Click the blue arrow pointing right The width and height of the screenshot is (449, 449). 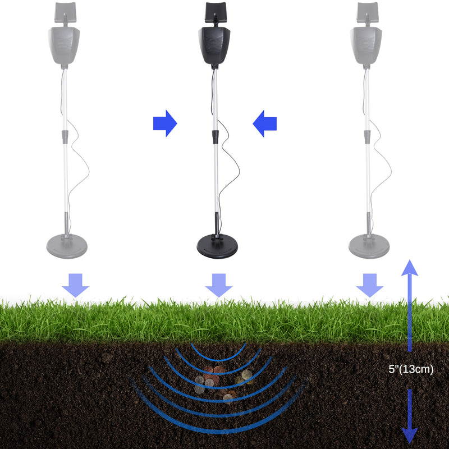coord(164,123)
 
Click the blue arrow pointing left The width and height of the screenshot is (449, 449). coord(265,123)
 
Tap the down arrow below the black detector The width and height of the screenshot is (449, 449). coord(218,285)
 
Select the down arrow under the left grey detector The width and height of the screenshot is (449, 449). coord(75,285)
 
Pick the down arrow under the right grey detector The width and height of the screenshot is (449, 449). coord(369,285)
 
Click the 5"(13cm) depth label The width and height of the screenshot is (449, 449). coord(411,370)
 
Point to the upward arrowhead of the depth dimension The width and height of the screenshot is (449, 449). coord(410,268)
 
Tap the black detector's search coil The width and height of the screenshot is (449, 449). coord(217,246)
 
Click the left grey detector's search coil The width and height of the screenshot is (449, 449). coord(66,246)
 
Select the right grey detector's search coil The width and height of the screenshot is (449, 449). coord(369,246)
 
